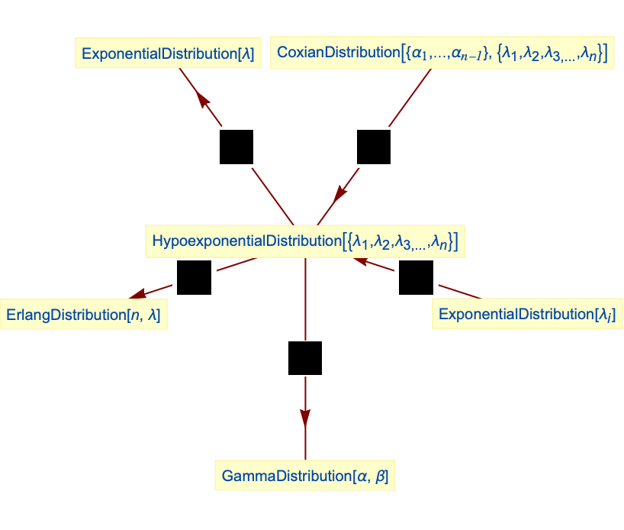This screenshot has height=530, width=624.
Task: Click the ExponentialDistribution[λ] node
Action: [x=168, y=54]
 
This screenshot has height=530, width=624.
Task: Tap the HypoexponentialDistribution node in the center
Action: [x=305, y=241]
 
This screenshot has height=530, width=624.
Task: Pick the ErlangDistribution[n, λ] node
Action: [x=83, y=315]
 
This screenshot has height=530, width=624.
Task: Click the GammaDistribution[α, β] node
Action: [x=305, y=477]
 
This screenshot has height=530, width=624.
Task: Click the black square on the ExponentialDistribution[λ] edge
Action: [x=236, y=147]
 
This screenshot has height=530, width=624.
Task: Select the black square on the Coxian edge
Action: [x=374, y=147]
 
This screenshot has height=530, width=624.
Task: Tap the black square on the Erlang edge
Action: [x=194, y=278]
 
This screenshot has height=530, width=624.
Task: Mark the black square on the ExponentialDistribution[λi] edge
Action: [x=416, y=278]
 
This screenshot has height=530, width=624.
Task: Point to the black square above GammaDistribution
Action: [x=305, y=358]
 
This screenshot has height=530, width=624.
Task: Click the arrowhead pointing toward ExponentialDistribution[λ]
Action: [x=201, y=99]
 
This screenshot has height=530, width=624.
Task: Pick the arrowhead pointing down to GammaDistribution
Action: [x=305, y=418]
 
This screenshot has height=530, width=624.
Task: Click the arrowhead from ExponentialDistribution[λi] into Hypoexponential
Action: [x=359, y=262]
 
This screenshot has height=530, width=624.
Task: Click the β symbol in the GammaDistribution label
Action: [x=382, y=477]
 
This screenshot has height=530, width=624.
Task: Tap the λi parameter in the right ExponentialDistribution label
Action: [x=606, y=315]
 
